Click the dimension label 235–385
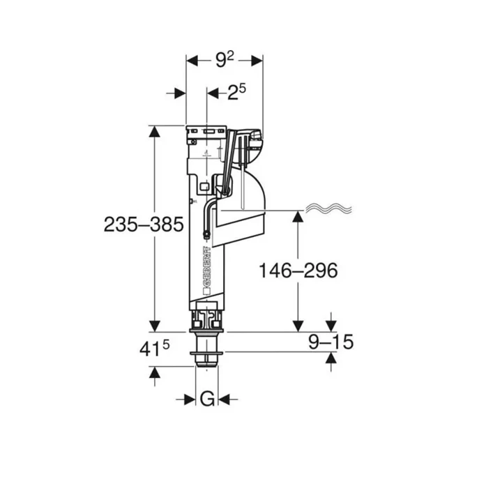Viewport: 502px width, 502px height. tap(144, 225)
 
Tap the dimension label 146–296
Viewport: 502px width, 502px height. tap(298, 271)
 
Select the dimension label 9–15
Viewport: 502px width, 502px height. tap(330, 342)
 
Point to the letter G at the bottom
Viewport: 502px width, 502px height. tap(207, 400)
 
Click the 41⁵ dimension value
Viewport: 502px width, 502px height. tap(154, 349)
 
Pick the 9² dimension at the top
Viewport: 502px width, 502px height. tap(225, 59)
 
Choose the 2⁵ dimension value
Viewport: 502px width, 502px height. tap(236, 92)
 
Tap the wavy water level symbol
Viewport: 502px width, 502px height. tap(329, 209)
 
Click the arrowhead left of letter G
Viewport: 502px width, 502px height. tap(190, 400)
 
